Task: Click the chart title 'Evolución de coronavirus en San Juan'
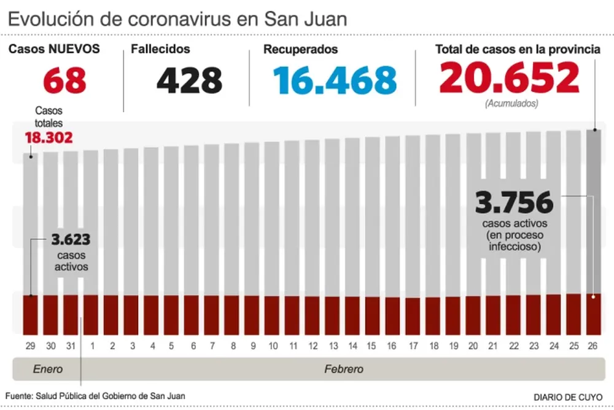pos(177,18)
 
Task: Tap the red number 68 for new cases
pos(64,80)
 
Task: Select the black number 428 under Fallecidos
pos(189,80)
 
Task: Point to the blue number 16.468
pos(335,80)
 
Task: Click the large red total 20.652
pos(509,78)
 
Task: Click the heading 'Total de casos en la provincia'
pos(518,50)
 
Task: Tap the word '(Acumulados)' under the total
pos(511,104)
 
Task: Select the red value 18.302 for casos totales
pos(49,138)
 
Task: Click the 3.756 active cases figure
pos(515,203)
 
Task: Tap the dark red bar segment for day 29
pos(31,314)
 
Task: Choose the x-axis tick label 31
pos(71,346)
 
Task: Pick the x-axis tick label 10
pos(273,346)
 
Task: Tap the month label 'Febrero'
pos(343,369)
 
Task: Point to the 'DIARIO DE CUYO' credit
pos(568,396)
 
